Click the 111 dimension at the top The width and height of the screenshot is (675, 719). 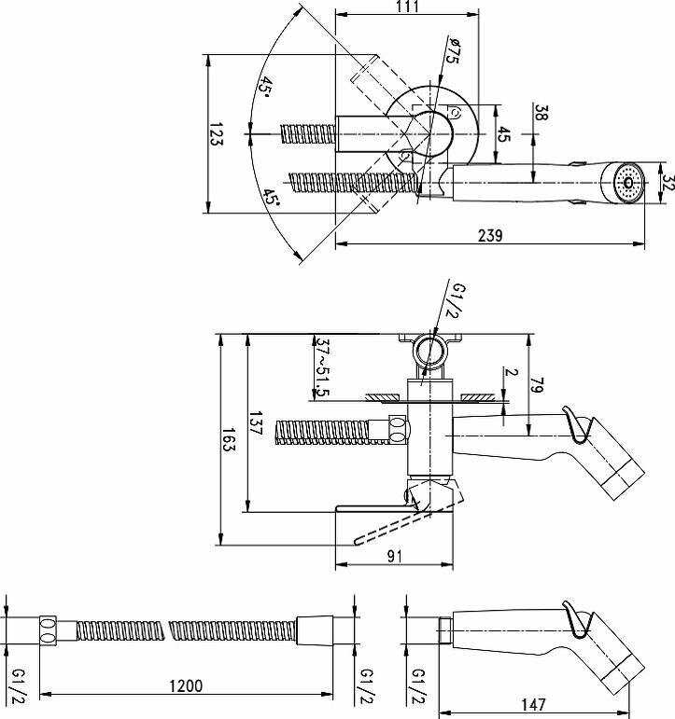pos(408,7)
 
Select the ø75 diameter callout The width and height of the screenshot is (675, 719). pos(451,50)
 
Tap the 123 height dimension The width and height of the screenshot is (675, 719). pos(216,136)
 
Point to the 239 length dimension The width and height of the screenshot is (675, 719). pos(490,236)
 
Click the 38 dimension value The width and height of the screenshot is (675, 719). pos(541,113)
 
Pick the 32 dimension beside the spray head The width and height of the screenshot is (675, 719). pos(667,180)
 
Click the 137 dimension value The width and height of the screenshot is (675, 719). pos(255,424)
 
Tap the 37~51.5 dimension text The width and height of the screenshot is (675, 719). pos(322,366)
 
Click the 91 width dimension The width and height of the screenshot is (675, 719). pos(394,556)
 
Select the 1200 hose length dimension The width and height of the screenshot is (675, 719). pos(186,685)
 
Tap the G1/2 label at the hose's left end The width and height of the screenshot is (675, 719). pos(16,686)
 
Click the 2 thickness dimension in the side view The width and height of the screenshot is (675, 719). pos(509,371)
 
